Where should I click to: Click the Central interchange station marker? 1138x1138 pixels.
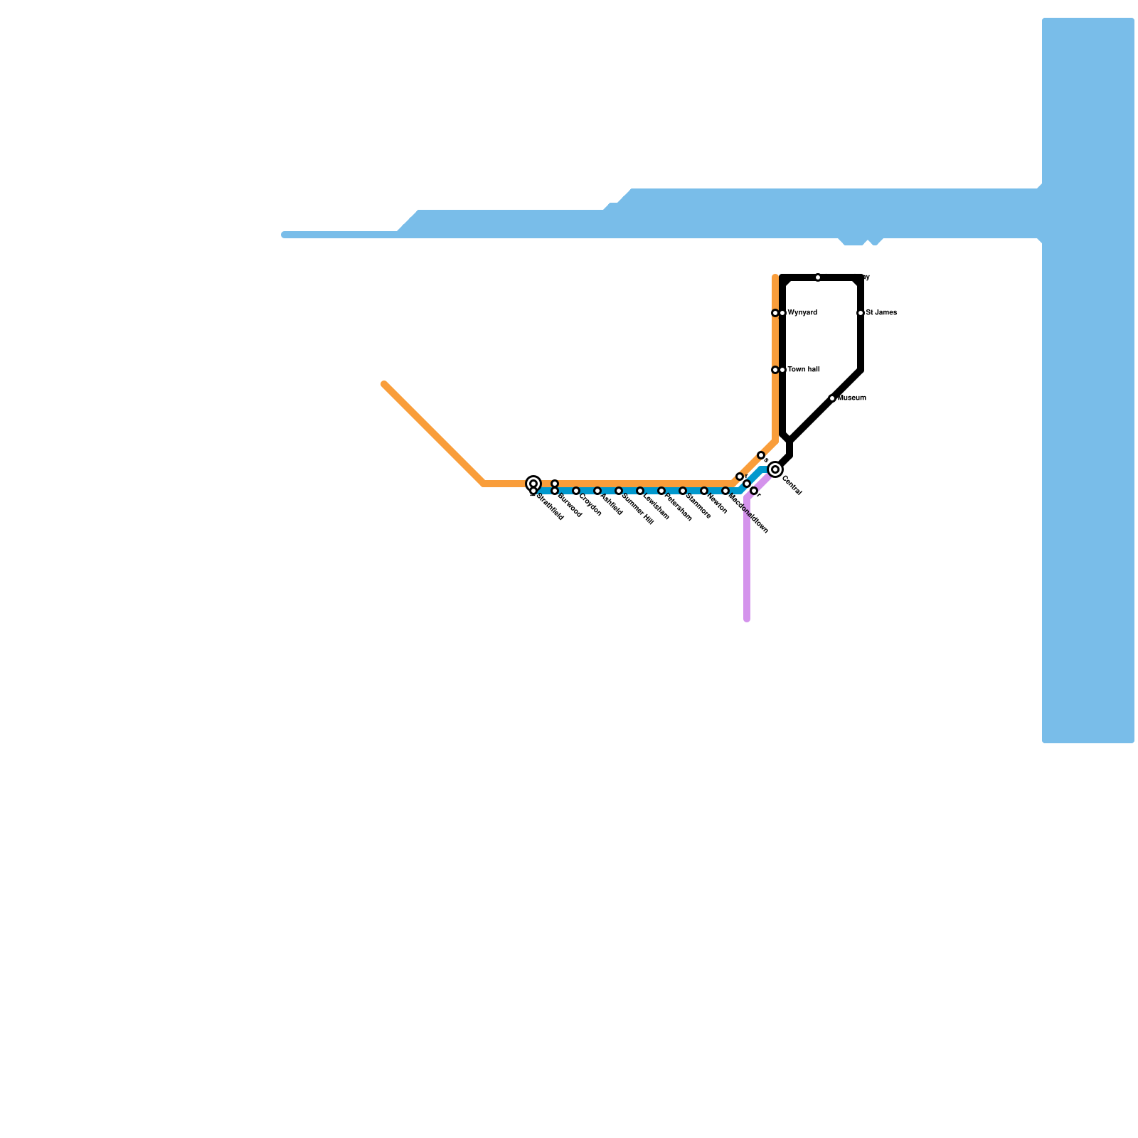click(775, 469)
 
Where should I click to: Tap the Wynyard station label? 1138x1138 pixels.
click(802, 313)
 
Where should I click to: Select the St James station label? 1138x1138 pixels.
click(881, 313)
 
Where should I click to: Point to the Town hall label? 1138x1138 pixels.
click(803, 370)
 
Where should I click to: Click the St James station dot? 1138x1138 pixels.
click(861, 313)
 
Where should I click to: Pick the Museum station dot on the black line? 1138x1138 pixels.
click(832, 398)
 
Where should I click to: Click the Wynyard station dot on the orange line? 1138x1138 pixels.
click(775, 313)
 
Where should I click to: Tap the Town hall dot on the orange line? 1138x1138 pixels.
click(775, 370)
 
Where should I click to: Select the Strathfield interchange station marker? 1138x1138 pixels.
click(533, 484)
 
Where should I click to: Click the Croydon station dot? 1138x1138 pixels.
click(576, 491)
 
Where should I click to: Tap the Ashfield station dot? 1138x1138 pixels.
click(597, 491)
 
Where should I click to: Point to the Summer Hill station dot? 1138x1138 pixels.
click(619, 491)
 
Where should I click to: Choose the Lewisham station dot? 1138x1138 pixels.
click(640, 491)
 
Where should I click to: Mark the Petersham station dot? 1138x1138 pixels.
click(661, 491)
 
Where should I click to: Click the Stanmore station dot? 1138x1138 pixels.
click(683, 491)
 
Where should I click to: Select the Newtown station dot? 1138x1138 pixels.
click(704, 491)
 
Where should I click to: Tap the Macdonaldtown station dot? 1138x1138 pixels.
click(725, 491)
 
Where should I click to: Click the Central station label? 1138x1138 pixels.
click(792, 486)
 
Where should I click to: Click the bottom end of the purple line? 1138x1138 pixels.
click(747, 619)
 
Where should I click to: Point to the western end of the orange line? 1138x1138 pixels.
click(384, 384)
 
